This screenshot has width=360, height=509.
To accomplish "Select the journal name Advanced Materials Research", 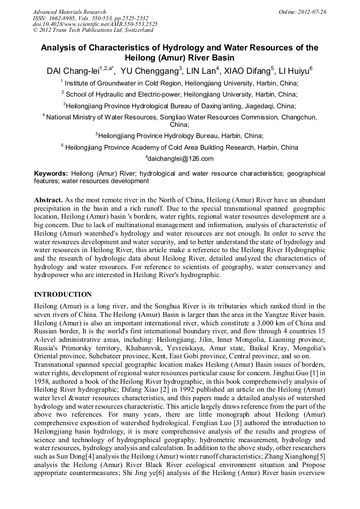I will [69, 12].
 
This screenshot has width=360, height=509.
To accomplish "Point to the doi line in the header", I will [95, 24].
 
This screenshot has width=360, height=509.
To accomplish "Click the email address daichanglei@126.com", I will [181, 158].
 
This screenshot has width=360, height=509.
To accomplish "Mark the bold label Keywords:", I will [51, 174].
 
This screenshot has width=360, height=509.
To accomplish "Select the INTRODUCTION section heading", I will [63, 295].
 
